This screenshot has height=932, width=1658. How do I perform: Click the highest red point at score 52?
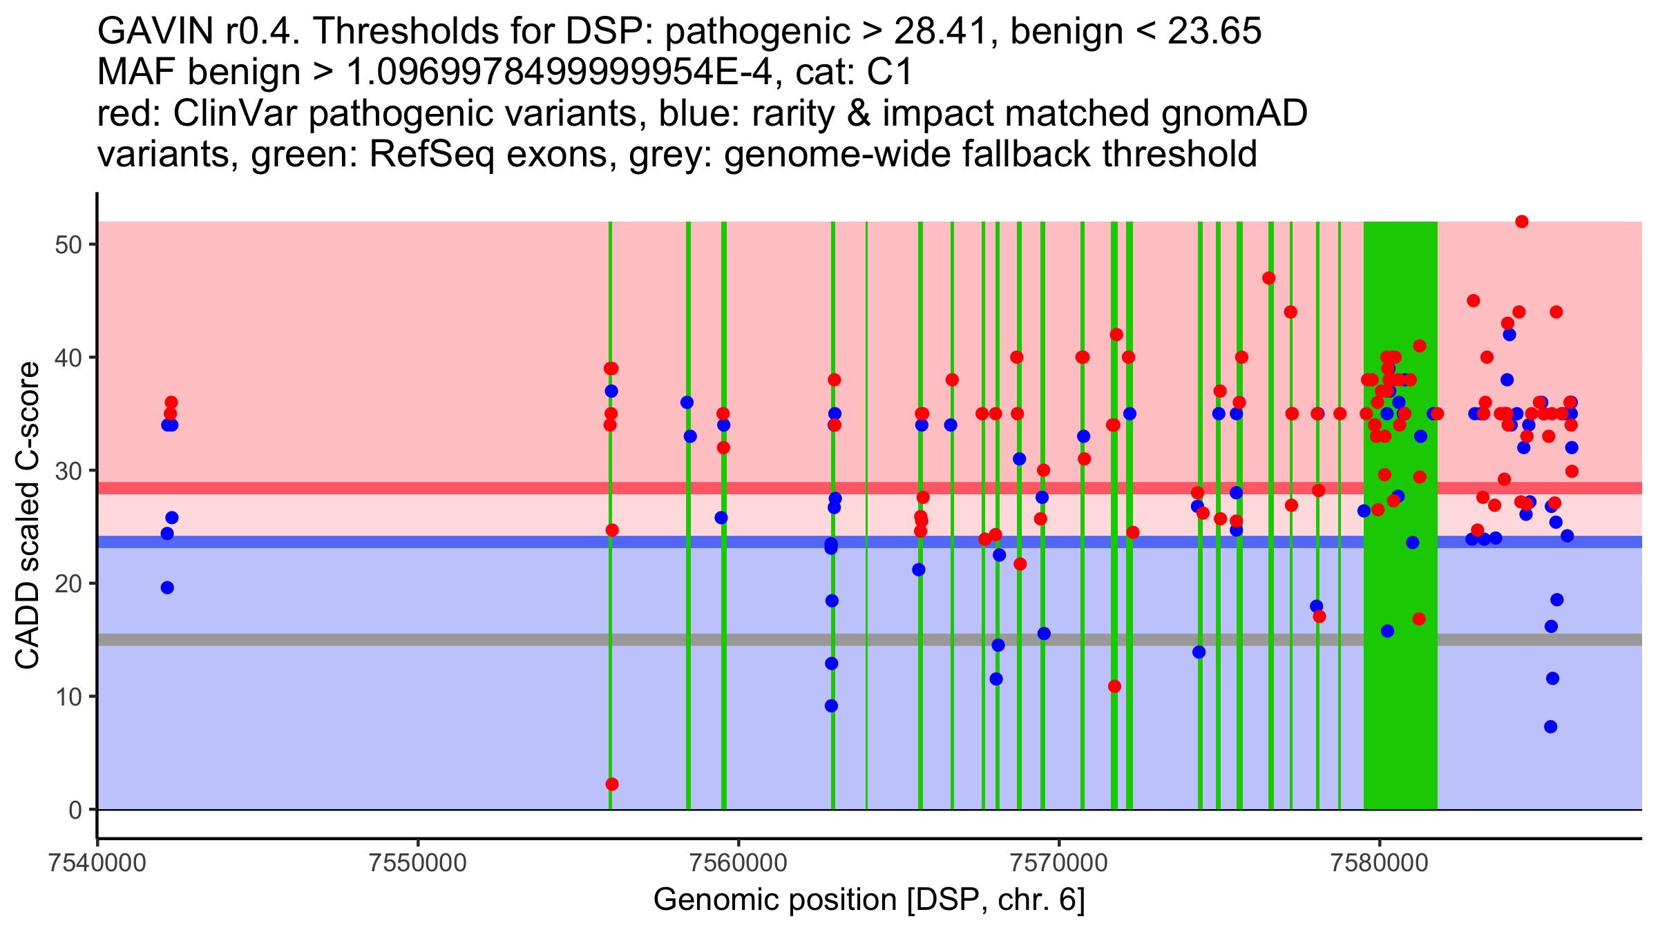[x=1522, y=222]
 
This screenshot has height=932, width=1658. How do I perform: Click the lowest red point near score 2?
[x=612, y=784]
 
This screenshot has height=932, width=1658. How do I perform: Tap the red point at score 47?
[x=1269, y=278]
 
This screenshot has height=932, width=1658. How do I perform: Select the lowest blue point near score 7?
[x=1551, y=727]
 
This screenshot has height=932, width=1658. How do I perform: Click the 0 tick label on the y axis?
[x=75, y=810]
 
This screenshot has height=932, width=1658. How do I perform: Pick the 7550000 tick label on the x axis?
[x=418, y=864]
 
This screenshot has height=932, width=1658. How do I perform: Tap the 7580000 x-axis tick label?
[x=1380, y=864]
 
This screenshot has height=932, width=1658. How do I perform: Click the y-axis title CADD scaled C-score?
[x=28, y=516]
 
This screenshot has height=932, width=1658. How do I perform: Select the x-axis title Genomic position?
[x=869, y=900]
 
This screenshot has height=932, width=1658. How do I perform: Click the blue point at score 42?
[x=1509, y=335]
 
